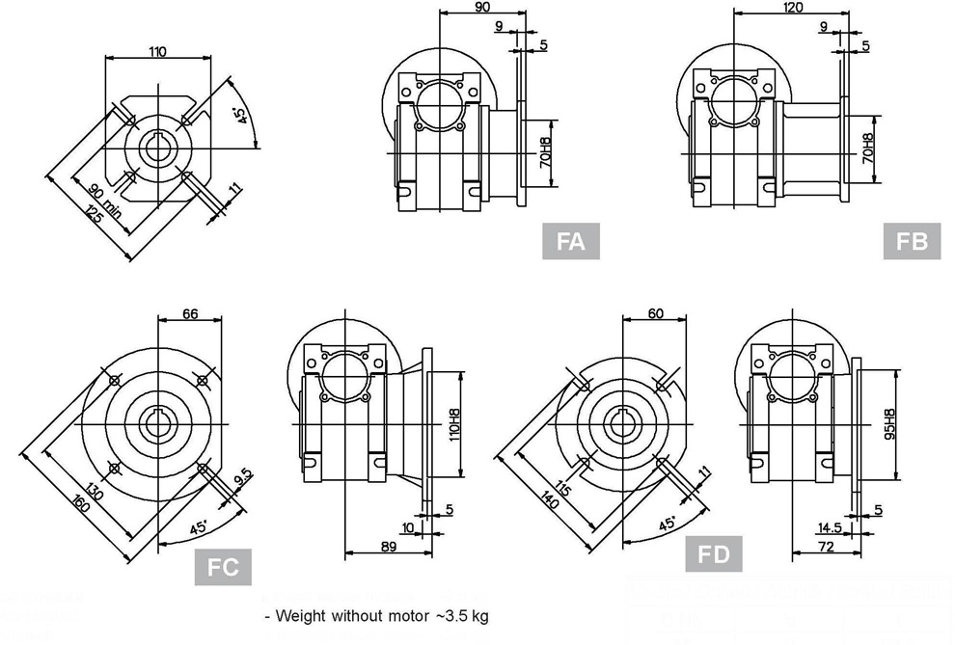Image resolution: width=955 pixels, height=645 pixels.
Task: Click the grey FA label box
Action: pyautogui.click(x=571, y=241)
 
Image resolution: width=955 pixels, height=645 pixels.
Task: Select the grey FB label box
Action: pyautogui.click(x=912, y=241)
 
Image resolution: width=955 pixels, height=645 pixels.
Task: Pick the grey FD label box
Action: pyautogui.click(x=714, y=554)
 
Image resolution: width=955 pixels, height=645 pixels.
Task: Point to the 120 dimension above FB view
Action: pyautogui.click(x=793, y=7)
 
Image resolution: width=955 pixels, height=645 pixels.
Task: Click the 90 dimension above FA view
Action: pyautogui.click(x=482, y=7)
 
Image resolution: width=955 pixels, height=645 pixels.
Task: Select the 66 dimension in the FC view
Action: pyautogui.click(x=189, y=314)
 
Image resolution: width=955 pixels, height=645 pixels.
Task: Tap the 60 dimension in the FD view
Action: pyautogui.click(x=656, y=314)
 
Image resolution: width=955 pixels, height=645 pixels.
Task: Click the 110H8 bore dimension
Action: pyautogui.click(x=451, y=425)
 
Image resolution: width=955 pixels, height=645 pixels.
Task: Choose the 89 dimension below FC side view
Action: pyautogui.click(x=389, y=546)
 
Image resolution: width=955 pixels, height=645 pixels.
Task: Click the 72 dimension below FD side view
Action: pyautogui.click(x=827, y=546)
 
